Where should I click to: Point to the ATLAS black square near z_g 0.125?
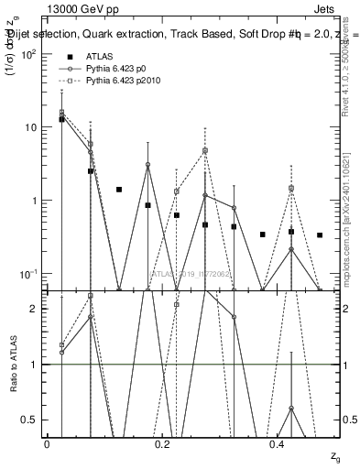coord(119,190)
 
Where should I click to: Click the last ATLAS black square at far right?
coord(320,235)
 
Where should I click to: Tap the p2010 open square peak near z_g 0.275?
coord(205,150)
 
